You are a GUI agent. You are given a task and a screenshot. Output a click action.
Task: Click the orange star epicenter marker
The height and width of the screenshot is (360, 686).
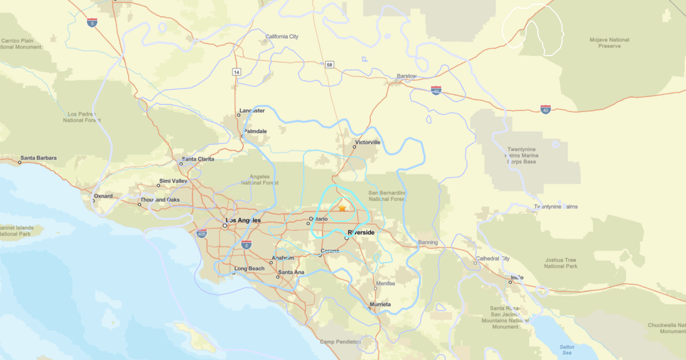click(342, 209)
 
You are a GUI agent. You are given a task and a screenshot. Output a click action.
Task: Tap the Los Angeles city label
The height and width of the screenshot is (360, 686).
click(244, 221)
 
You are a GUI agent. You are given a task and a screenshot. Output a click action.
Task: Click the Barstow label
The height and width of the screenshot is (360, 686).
click(407, 76)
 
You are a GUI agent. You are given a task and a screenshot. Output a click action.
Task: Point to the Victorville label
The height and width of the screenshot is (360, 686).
click(368, 142)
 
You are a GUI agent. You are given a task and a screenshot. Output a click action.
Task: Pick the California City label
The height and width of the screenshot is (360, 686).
click(281, 37)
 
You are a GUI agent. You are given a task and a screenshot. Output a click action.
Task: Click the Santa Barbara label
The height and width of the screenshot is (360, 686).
click(39, 158)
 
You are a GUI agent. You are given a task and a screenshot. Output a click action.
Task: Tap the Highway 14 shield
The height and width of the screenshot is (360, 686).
click(236, 72)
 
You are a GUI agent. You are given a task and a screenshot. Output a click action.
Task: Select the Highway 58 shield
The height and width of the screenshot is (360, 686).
click(329, 65)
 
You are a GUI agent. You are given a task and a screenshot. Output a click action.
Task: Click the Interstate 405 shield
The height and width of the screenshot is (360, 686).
click(201, 233)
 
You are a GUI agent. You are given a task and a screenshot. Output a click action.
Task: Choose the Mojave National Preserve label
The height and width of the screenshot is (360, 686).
click(609, 43)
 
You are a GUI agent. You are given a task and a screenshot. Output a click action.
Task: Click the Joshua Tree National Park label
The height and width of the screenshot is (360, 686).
click(561, 263)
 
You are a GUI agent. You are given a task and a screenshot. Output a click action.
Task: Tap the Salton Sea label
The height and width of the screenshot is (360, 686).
click(567, 350)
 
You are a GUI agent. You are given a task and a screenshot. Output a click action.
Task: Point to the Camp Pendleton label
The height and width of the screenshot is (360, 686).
click(340, 342)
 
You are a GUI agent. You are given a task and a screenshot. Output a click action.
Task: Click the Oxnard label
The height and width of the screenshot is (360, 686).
click(103, 196)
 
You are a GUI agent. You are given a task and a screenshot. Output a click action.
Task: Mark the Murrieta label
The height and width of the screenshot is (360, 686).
click(380, 305)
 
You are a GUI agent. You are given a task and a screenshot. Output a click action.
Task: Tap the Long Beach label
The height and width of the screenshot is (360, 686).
click(249, 269)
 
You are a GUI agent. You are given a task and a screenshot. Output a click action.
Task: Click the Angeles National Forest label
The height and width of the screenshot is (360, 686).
click(260, 180)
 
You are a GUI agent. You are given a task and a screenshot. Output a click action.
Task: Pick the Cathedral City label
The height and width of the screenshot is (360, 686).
click(492, 258)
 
